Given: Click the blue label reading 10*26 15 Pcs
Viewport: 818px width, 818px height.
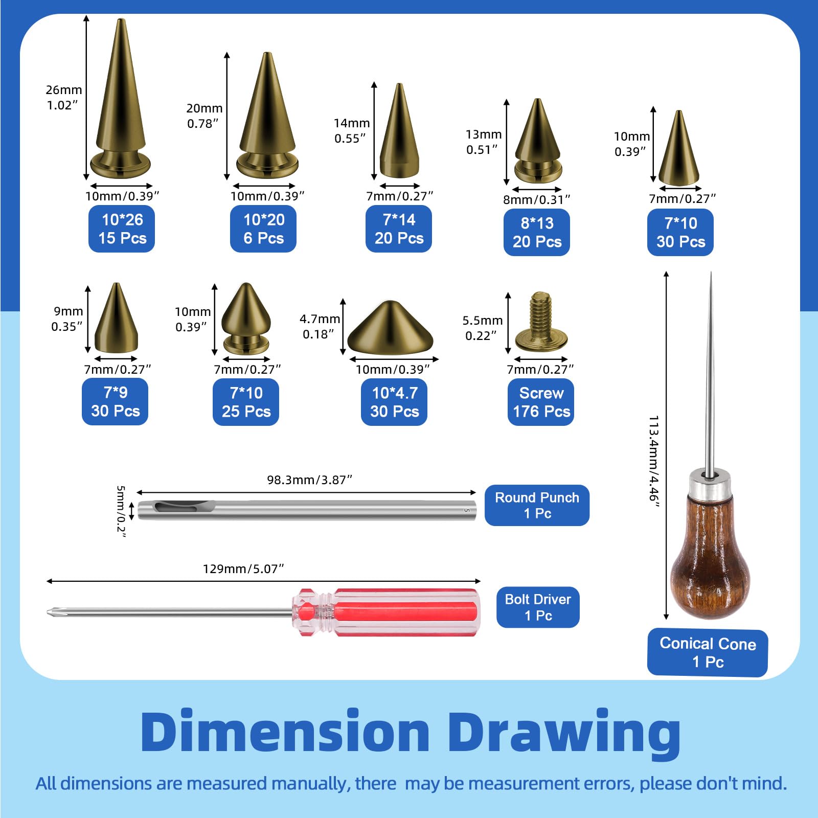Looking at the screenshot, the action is [122, 229].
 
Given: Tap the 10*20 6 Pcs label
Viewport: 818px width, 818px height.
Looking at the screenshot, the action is [263, 229].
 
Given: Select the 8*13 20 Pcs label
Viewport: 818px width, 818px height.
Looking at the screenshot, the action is [537, 232].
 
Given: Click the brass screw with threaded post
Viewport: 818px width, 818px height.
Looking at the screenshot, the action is [541, 322].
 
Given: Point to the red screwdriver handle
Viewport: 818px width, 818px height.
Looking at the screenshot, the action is [386, 612].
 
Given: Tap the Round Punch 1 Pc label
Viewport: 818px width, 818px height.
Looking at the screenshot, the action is [537, 505].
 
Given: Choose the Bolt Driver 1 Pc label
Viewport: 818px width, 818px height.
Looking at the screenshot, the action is [538, 607].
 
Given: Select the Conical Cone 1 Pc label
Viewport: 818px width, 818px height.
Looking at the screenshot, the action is [708, 652].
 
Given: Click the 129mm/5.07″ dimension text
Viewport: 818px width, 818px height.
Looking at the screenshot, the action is [243, 569].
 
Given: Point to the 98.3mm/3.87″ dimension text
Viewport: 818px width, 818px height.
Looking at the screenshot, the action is [310, 480].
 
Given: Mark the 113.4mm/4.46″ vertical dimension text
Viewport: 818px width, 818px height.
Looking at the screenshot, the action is [654, 462].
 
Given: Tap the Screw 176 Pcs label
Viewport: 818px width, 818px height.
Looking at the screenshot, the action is [541, 402].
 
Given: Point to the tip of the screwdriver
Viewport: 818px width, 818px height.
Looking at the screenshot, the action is [48, 612].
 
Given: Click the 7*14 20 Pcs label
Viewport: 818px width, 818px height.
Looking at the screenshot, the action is [399, 229].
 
